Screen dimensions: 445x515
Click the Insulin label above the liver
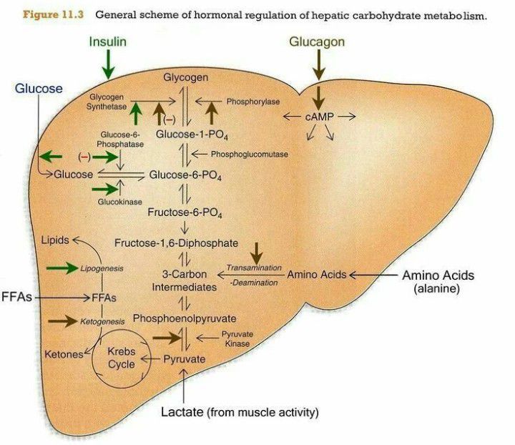point(108,41)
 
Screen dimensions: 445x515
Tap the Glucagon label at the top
point(316,41)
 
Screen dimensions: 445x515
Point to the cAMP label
point(318,116)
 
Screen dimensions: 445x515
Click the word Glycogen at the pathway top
point(186,77)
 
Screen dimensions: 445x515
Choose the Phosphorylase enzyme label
point(252,102)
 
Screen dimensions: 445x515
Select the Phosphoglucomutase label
point(250,154)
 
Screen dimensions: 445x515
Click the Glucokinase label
point(117,202)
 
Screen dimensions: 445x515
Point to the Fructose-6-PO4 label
point(185,212)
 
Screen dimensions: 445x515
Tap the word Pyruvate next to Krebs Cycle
point(185,358)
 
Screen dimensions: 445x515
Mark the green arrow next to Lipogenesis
point(62,268)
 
